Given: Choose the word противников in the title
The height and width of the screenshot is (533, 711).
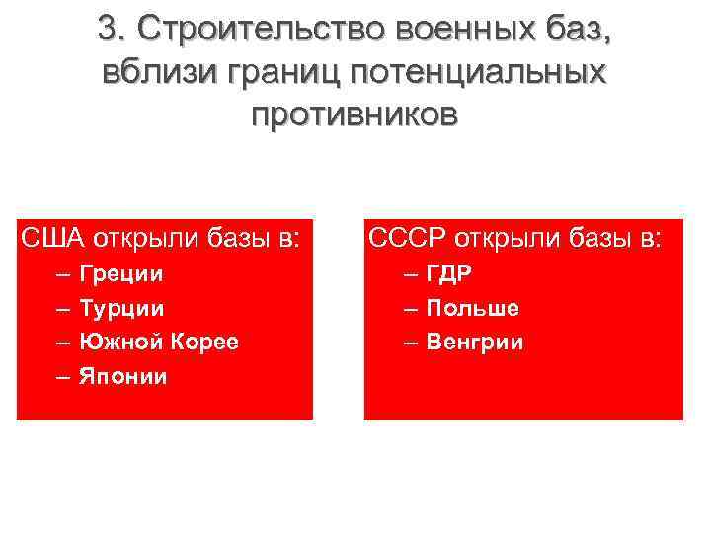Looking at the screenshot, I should tap(355, 114).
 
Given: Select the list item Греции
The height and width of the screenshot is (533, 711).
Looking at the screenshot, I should tap(121, 273).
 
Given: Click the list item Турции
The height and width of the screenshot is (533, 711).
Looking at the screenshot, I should tap(121, 308).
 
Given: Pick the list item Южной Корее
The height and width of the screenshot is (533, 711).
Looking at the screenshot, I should tap(158, 342).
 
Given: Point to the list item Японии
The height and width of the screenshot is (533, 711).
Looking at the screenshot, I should tap(123, 376).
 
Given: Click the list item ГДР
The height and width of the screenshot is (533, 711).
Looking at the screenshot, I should tap(449, 273).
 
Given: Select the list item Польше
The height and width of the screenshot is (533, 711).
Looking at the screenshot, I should tap(473, 308).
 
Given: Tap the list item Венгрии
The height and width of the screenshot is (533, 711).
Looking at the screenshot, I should tap(476, 343).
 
